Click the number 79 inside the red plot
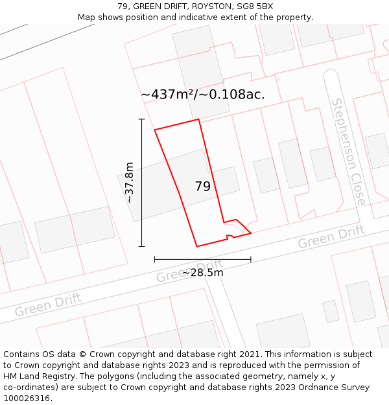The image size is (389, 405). tap(203, 187)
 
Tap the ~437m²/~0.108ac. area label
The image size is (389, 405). tap(202, 94)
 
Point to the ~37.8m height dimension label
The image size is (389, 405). tap(130, 183)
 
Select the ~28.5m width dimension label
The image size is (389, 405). tap(202, 273)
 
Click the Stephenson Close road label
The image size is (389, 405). tap(348, 152)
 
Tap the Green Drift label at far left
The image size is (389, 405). tap(48, 305)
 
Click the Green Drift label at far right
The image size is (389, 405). tap(331, 237)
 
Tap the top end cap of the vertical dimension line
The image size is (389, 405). tap(141, 119)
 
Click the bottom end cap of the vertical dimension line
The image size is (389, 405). tap(141, 246)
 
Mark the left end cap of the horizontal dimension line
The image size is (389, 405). tap(154, 259)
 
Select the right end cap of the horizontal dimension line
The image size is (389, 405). tap(251, 259)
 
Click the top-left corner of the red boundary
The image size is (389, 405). tap(154, 130)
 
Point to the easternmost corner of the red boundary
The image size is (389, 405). tap(251, 233)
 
